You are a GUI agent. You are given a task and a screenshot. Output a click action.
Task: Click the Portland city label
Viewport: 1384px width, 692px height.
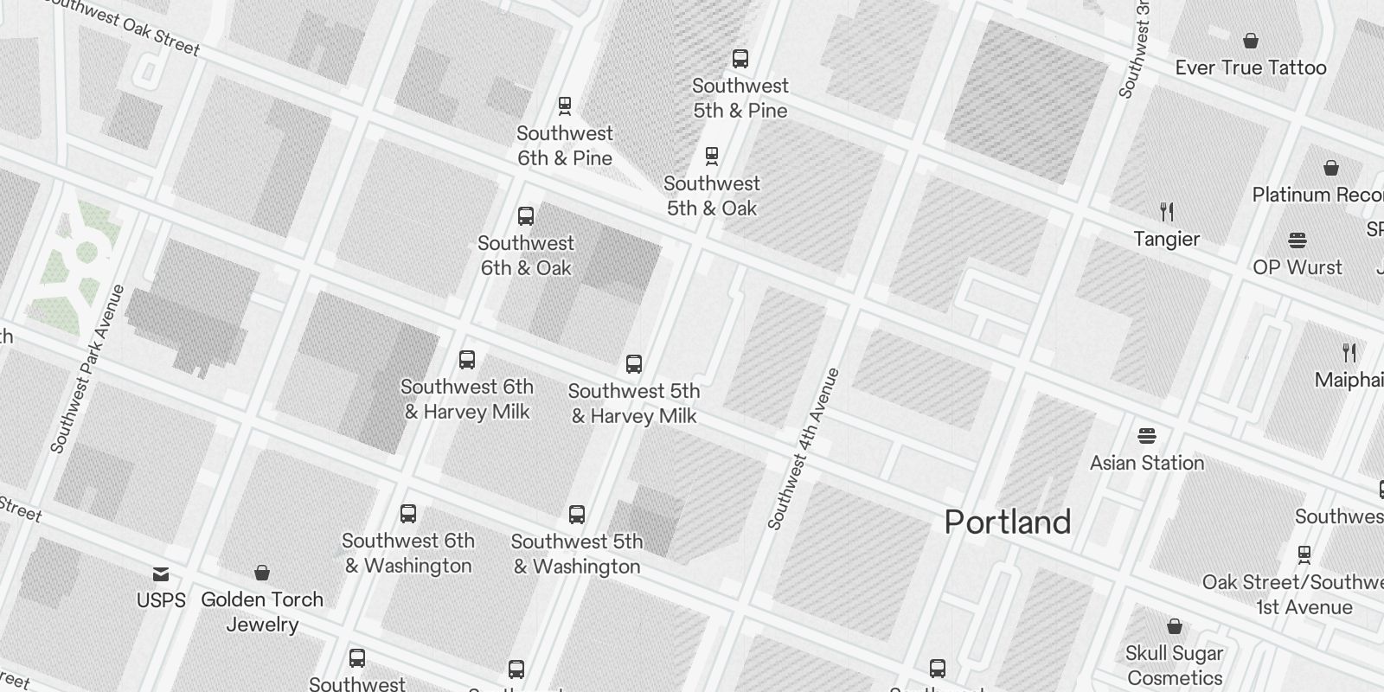point(1008,522)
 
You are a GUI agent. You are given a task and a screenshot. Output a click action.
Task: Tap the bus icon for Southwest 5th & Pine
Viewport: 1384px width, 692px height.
point(740,59)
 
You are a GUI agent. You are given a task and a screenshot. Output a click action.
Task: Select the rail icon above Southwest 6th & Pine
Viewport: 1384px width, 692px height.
point(565,106)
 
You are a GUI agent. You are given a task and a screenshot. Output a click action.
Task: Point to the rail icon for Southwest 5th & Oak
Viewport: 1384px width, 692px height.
point(712,157)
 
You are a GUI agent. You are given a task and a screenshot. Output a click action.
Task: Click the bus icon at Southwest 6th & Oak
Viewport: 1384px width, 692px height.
point(526,216)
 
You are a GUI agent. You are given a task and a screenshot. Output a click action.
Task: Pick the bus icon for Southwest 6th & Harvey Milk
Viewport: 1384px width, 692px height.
point(467,360)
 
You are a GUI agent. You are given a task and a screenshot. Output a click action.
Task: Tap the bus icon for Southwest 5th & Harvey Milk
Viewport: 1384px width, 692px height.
point(634,364)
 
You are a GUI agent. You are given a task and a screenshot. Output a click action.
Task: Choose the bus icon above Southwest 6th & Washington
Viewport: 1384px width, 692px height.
point(408,514)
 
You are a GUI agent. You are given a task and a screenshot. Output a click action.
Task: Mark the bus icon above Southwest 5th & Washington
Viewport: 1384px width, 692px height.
point(577,515)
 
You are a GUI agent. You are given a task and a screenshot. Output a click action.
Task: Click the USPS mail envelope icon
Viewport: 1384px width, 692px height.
point(161,573)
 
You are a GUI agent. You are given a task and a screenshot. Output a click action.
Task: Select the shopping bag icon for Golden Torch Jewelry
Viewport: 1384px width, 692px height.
point(262,573)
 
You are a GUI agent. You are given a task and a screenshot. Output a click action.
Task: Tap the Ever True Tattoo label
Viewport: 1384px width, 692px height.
point(1250,67)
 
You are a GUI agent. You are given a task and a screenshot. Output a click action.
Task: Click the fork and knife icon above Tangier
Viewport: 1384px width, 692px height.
point(1167,212)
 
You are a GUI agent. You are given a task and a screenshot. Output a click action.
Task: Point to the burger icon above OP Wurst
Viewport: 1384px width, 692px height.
point(1297,240)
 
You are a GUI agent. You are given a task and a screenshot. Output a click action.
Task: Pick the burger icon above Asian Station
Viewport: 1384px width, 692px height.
point(1147,435)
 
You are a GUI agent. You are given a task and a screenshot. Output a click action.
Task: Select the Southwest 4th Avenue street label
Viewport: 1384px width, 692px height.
point(804,448)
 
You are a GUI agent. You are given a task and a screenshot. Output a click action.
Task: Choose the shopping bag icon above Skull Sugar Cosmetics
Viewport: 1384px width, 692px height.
point(1175,625)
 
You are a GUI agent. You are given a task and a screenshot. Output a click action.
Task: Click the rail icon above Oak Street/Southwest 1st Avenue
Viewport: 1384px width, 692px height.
point(1304,554)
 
